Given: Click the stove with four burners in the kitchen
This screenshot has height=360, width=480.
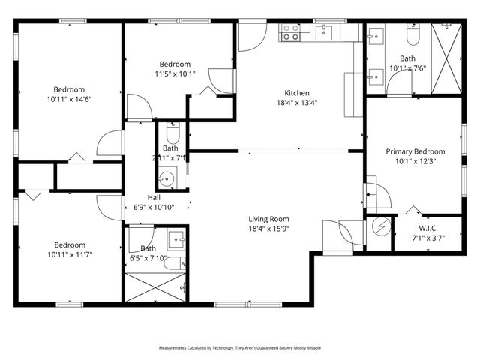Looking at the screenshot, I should (291, 31).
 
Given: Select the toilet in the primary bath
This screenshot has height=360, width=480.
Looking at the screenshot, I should (412, 34).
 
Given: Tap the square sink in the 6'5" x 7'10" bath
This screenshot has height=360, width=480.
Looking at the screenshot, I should (176, 238).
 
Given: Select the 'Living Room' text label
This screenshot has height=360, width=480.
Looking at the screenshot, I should (269, 219).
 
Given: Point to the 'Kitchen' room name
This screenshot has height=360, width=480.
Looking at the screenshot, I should (296, 93).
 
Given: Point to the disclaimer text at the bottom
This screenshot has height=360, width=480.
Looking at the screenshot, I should (240, 348).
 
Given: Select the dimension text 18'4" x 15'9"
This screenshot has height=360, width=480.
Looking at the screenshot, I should (269, 229).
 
